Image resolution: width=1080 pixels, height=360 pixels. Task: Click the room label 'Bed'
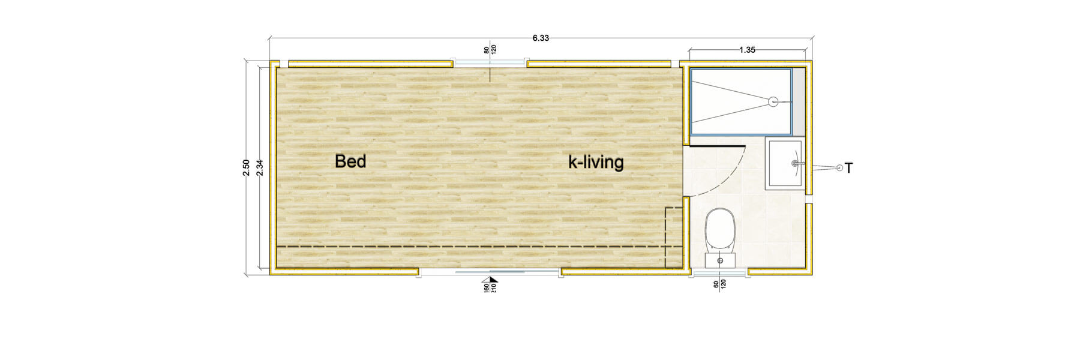(350, 161)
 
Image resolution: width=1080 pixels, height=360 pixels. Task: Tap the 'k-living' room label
(596, 162)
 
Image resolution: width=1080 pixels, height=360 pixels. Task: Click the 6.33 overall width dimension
(541, 38)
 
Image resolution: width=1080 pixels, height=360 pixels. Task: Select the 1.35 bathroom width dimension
(747, 50)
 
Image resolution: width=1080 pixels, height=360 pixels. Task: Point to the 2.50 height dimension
(246, 167)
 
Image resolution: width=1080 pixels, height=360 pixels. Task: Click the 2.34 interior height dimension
(259, 167)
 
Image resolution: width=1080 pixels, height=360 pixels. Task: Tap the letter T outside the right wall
(848, 169)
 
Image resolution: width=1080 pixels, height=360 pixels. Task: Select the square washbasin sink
(785, 163)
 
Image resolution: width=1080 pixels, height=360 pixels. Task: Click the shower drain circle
(773, 102)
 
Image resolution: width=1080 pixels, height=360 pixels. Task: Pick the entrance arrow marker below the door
(493, 280)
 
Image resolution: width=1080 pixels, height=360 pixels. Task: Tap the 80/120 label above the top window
(490, 50)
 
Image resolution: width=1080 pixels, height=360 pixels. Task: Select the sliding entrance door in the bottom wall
(490, 272)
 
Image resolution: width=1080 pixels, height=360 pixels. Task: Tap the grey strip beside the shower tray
(798, 101)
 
